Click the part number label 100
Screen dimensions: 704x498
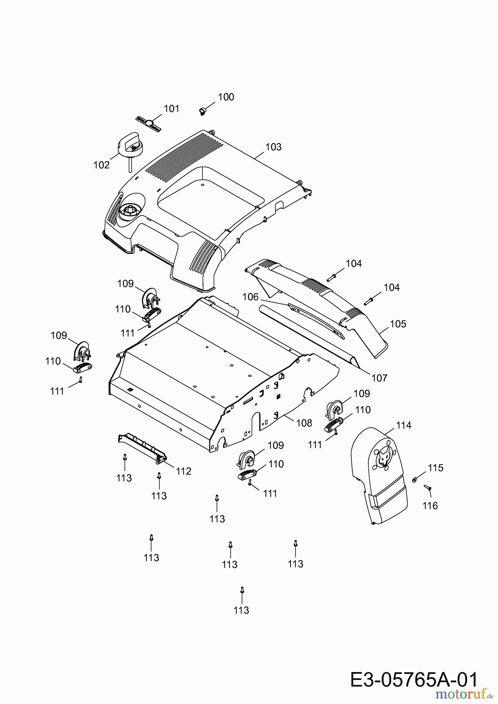tap(226, 97)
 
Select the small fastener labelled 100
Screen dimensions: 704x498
tap(203, 111)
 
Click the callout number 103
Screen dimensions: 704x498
tap(273, 147)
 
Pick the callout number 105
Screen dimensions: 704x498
tap(398, 324)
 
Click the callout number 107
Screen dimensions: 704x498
tap(379, 378)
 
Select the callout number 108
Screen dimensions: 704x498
tap(304, 423)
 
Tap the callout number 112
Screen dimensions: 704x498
tap(183, 471)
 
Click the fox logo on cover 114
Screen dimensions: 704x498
tap(383, 457)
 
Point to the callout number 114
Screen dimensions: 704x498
tap(404, 425)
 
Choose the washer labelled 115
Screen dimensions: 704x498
tap(415, 480)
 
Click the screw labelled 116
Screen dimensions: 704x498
tap(427, 488)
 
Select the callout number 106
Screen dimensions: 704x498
tap(251, 297)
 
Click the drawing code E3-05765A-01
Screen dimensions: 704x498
tap(414, 679)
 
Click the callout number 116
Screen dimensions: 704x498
tap(430, 506)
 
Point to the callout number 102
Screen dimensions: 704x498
tap(101, 165)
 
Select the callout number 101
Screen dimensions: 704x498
tap(171, 108)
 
